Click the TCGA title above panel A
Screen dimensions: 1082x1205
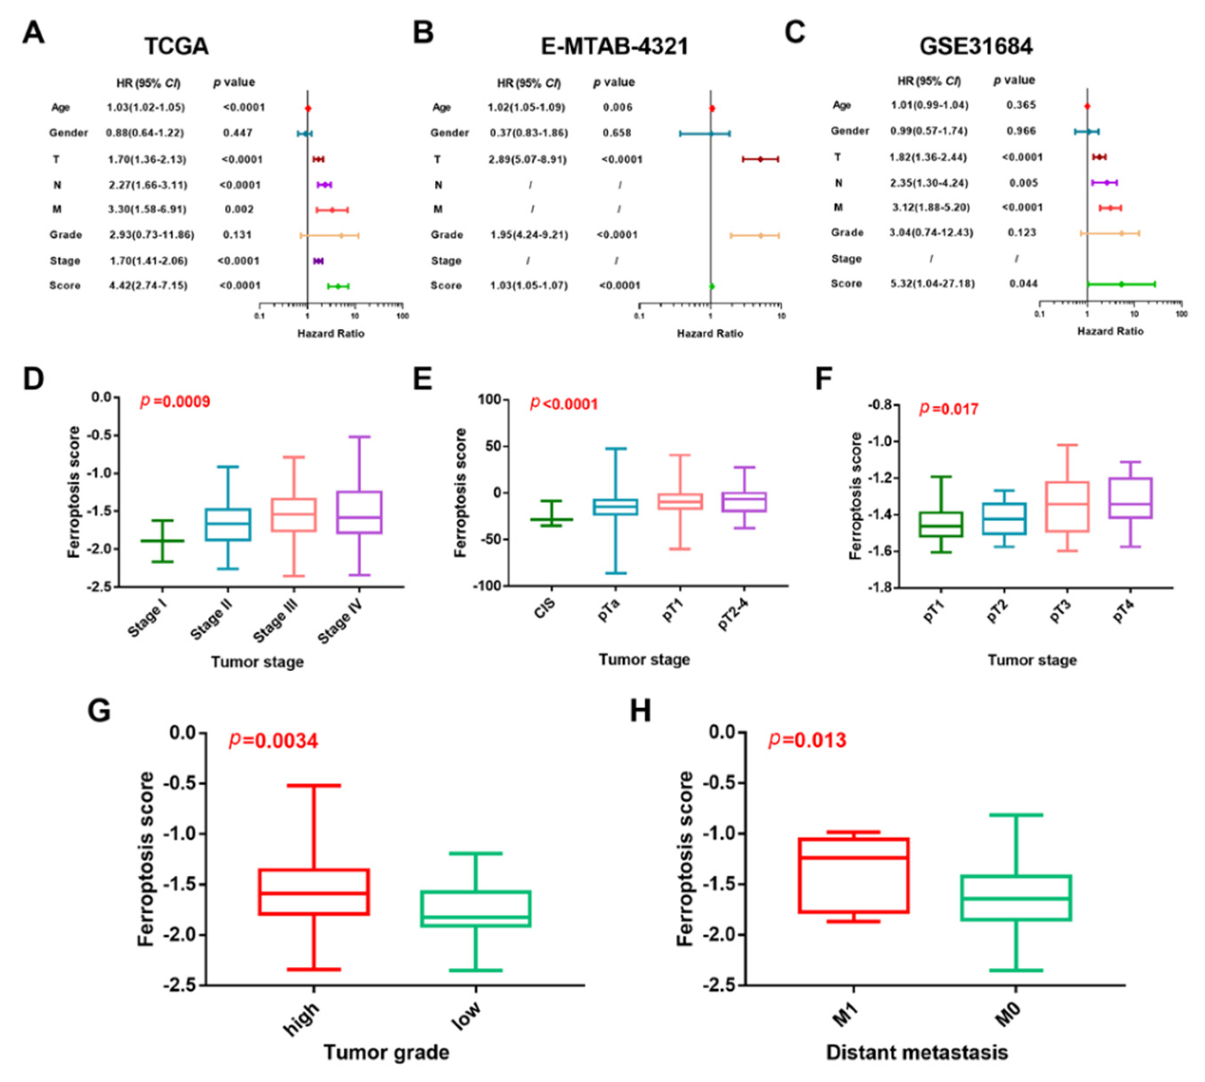177,46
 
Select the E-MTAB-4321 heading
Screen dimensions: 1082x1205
614,46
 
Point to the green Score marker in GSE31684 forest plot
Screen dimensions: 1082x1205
1121,284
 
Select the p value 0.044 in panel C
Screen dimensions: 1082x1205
1023,284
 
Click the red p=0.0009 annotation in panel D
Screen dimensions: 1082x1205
175,402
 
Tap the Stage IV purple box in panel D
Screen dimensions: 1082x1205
359,512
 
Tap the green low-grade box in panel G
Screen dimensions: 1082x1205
475,908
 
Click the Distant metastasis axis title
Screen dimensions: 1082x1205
917,1052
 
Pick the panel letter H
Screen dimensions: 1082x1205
640,711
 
